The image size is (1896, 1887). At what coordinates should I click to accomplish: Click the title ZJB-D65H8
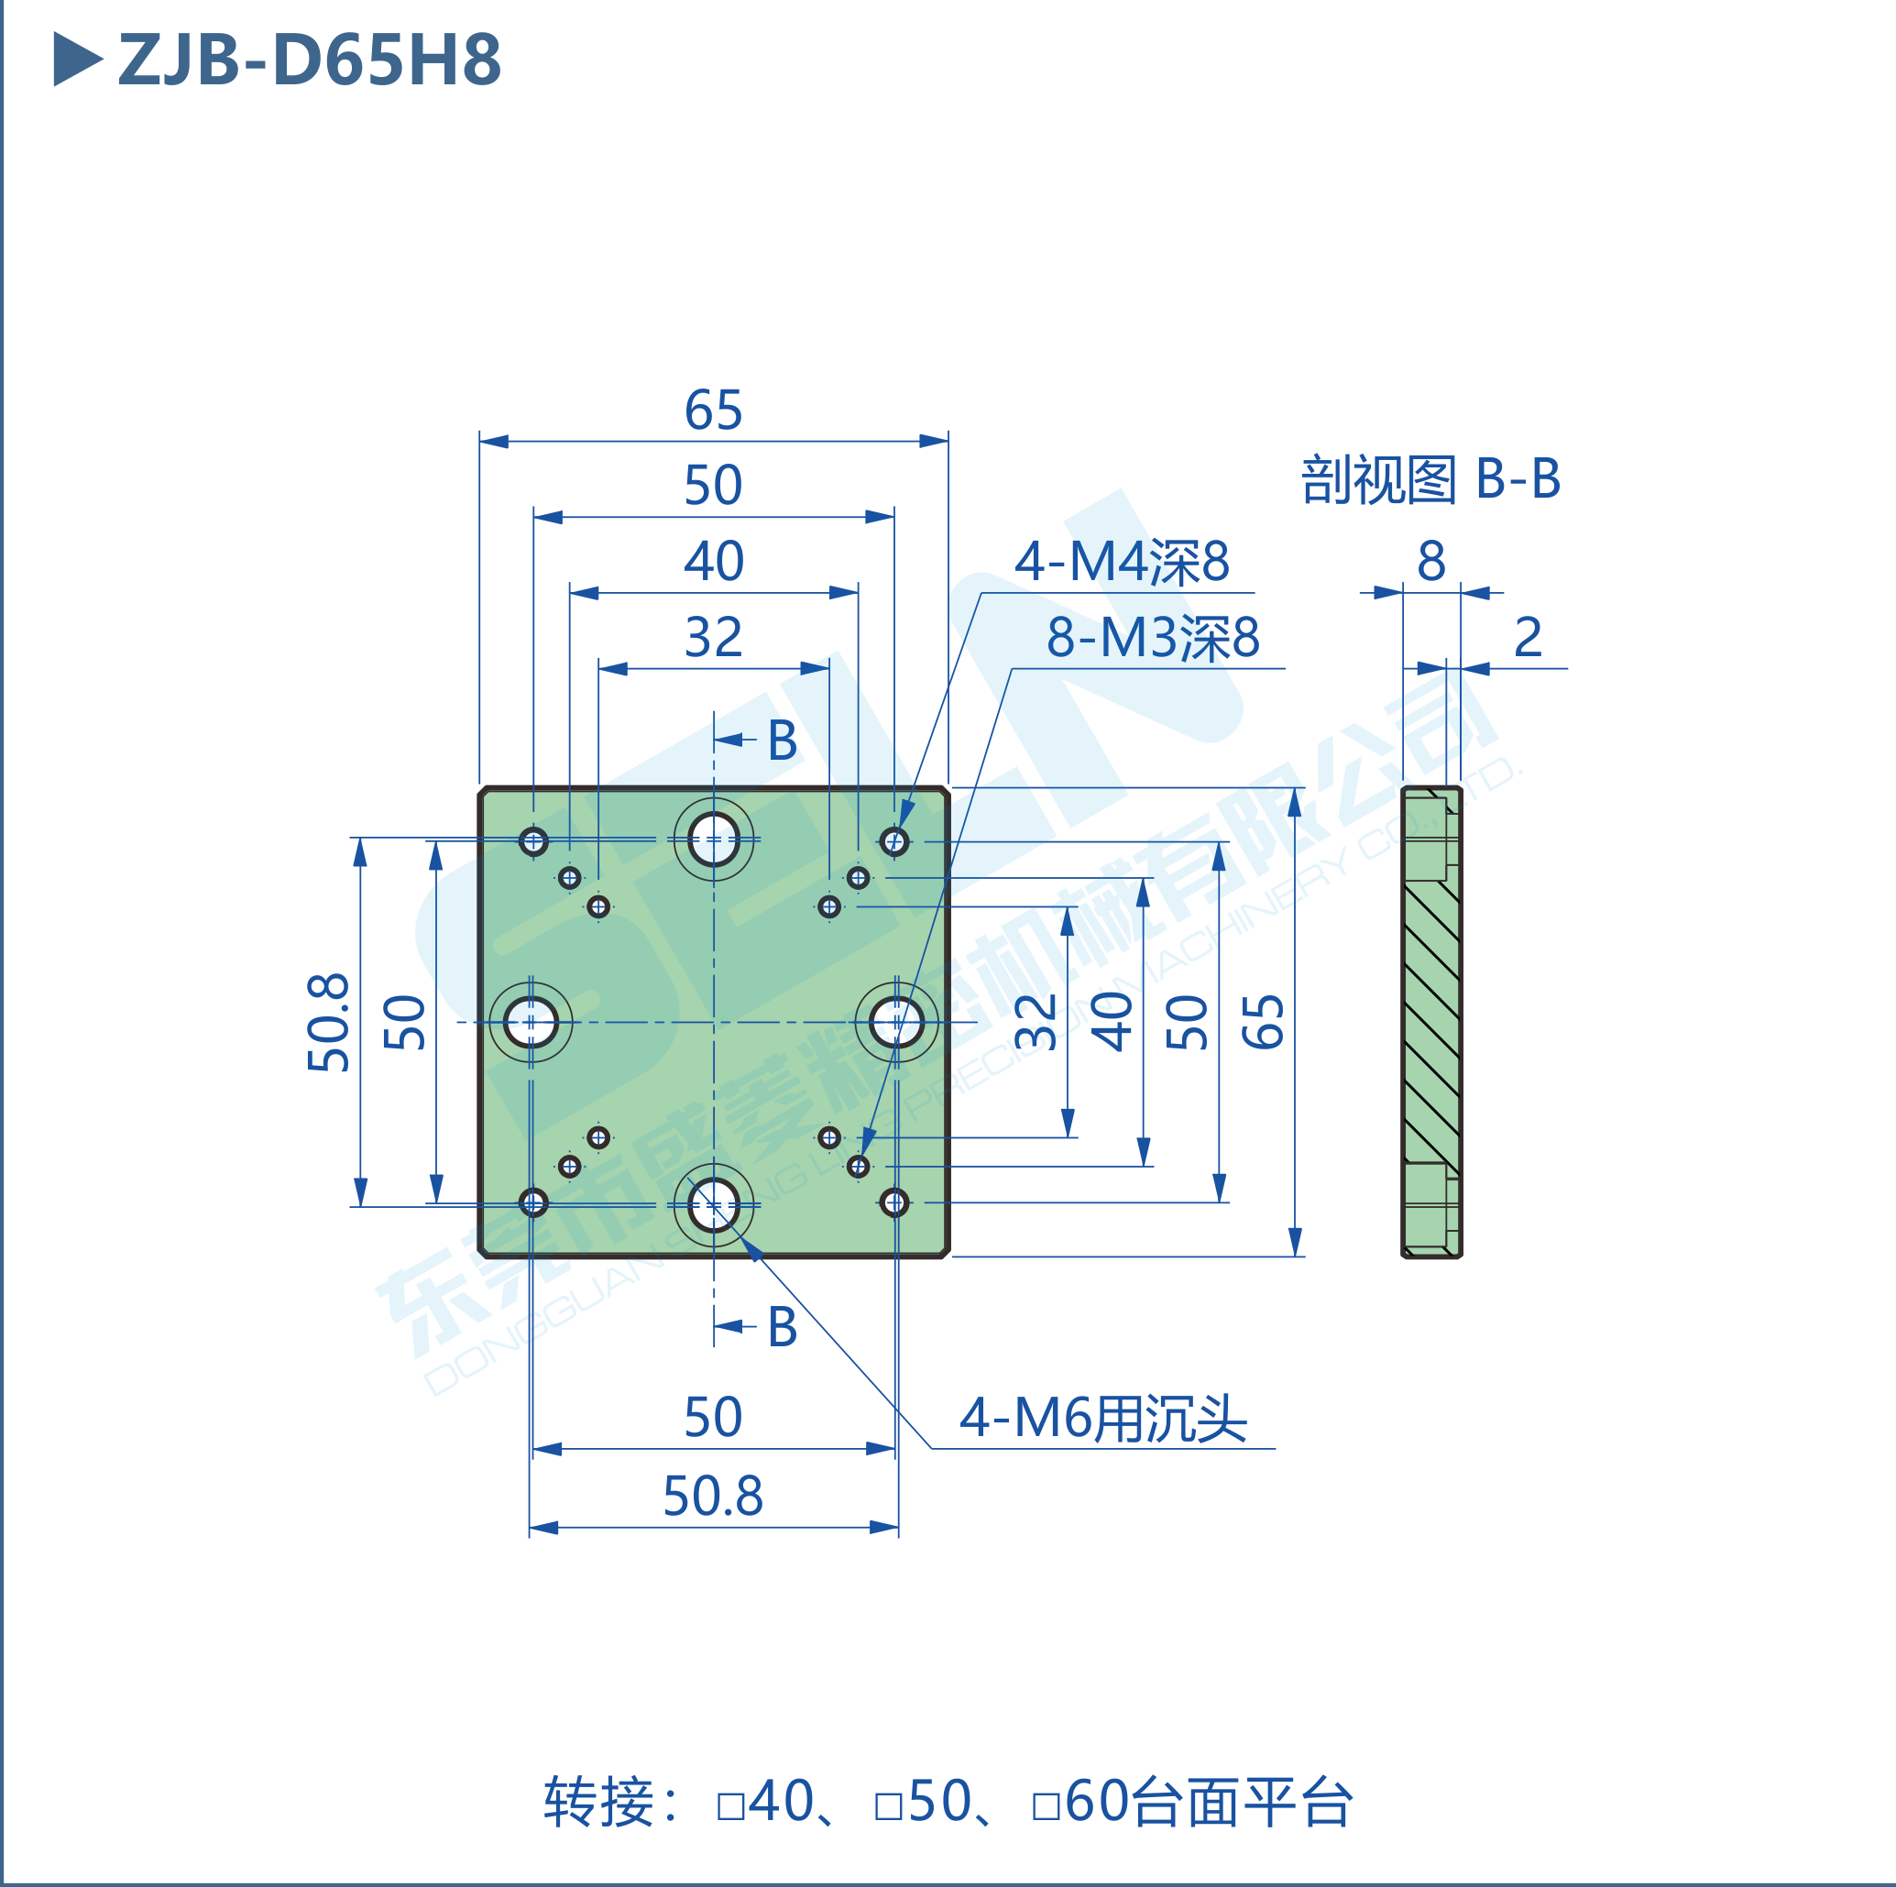tap(308, 60)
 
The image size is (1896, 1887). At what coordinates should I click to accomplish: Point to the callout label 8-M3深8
tap(1152, 637)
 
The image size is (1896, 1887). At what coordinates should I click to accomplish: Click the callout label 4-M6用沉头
tap(1102, 1418)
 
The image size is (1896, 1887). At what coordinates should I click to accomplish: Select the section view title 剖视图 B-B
tap(1429, 479)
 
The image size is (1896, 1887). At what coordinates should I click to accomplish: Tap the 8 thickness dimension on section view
tap(1430, 560)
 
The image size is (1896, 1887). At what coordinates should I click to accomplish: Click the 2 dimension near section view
tap(1527, 637)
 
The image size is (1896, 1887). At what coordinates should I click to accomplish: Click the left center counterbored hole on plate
tap(531, 1022)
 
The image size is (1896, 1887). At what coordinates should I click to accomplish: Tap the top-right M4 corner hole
tap(894, 841)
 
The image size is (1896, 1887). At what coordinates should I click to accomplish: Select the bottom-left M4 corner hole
tap(533, 1202)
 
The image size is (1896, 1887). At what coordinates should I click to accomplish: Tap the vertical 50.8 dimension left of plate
tap(328, 1022)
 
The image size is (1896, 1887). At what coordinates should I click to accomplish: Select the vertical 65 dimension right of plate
tap(1263, 1022)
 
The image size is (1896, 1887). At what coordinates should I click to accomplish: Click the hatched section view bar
tap(1430, 1022)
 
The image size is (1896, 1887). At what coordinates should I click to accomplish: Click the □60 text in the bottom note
tap(1078, 1802)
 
